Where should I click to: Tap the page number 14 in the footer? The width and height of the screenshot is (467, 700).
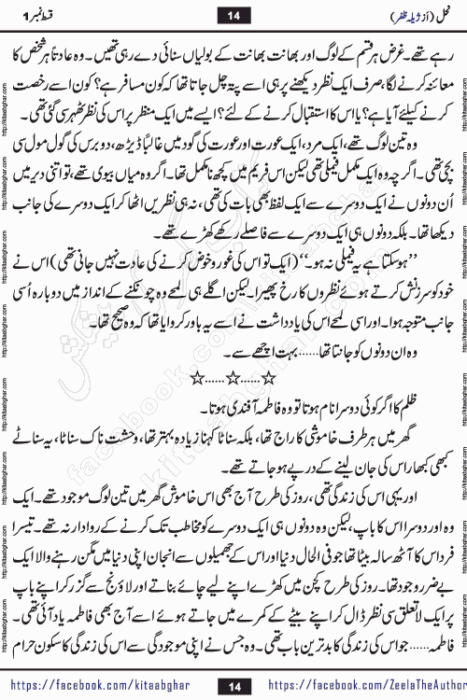click(233, 685)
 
